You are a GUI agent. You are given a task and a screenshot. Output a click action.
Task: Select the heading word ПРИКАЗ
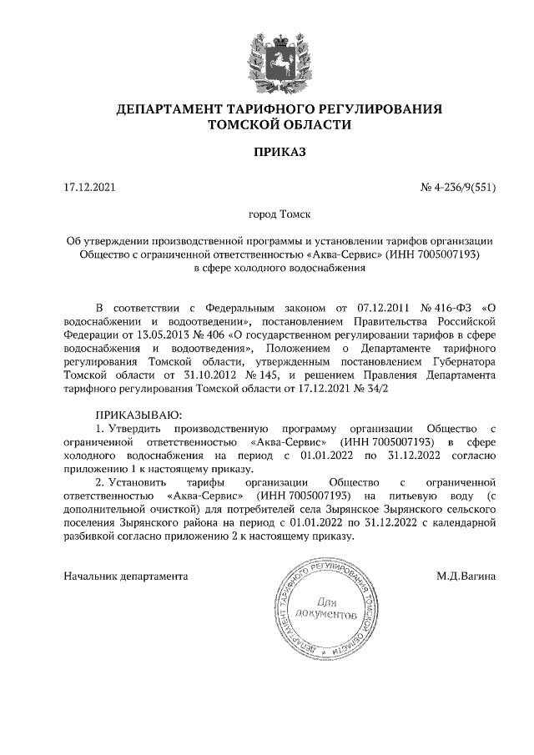pos(268,152)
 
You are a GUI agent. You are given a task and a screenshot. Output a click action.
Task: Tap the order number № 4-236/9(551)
pos(458,188)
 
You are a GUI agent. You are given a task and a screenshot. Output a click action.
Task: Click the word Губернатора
pos(463,363)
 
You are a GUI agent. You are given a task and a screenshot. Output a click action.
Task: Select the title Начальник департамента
pos(126,576)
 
